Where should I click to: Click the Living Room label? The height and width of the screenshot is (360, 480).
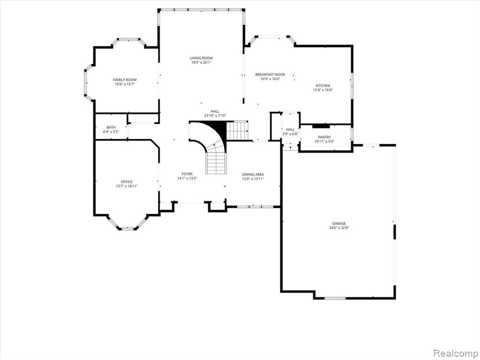[201, 58]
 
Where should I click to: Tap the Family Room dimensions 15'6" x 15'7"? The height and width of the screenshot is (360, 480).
[125, 84]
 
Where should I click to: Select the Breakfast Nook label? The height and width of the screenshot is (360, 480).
[270, 75]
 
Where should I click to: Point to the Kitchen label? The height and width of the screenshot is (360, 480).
[323, 86]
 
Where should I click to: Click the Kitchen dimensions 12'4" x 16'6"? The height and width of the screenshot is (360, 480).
[323, 90]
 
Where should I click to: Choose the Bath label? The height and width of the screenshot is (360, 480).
[111, 127]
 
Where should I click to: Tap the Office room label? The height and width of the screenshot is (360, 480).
[127, 182]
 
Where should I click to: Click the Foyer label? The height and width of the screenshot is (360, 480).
[187, 174]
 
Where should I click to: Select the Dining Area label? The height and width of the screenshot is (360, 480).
[253, 174]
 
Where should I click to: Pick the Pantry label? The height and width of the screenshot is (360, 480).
[324, 137]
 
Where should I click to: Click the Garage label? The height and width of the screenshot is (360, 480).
[339, 224]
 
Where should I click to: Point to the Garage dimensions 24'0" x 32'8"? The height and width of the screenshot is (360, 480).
[339, 228]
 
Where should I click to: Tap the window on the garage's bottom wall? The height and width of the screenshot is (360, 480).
[335, 298]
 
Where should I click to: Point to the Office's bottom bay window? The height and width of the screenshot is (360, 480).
[127, 229]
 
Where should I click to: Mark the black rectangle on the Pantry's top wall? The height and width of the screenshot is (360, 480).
[321, 126]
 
